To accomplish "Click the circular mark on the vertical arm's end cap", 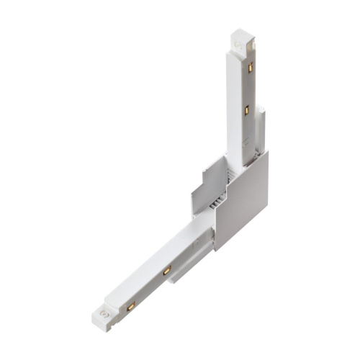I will pos(238,45).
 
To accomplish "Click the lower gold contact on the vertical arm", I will pos(246,110).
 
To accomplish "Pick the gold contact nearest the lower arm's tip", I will pos(131,306).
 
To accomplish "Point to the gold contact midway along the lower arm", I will pos(166,271).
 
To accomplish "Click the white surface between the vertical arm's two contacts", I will pos(248,89).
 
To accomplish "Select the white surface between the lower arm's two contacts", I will pos(149,288).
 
